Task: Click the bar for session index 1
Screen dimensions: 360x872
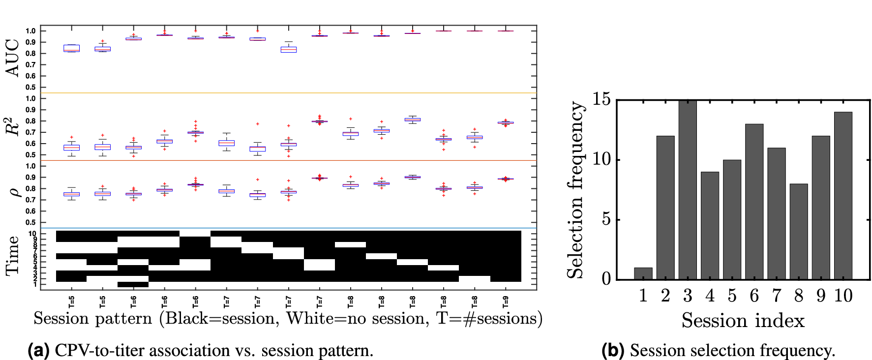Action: point(643,274)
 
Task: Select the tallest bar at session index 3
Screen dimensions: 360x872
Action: point(687,190)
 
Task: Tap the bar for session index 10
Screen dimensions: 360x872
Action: point(843,196)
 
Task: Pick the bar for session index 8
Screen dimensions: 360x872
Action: point(798,232)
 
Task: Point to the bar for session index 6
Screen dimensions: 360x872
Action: point(754,202)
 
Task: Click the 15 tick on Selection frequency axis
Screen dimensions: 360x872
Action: point(601,100)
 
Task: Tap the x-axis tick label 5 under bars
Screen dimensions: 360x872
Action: point(732,296)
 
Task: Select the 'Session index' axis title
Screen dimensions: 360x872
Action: point(743,321)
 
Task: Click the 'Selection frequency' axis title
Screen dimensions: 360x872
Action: point(575,190)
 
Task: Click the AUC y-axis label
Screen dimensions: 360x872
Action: point(13,58)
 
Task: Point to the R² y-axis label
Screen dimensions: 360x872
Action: point(13,126)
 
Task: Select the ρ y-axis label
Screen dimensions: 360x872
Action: point(14,192)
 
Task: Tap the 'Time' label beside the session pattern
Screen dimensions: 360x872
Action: point(13,256)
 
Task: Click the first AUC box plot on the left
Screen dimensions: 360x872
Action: point(71,48)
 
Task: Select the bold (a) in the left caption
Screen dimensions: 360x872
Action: point(38,350)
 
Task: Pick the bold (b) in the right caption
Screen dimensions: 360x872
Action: point(612,350)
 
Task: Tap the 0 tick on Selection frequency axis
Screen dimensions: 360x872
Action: point(606,279)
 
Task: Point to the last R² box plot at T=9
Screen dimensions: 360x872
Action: point(506,122)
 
